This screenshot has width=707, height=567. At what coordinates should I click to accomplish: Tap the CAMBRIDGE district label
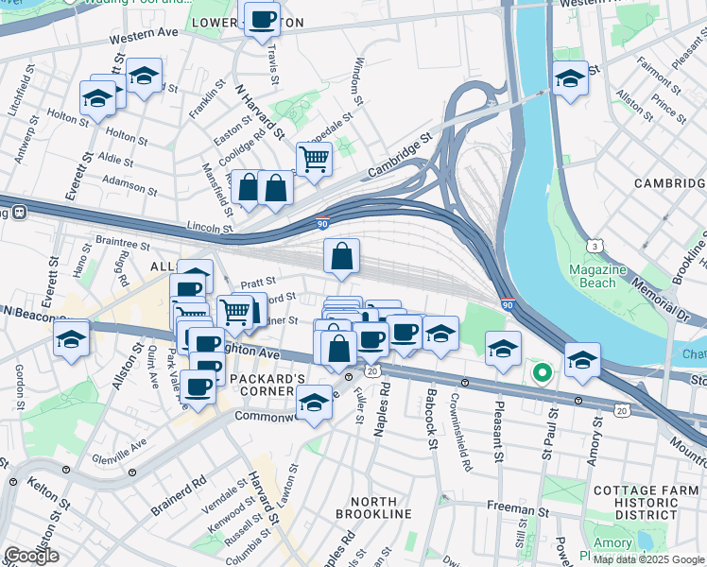[x=669, y=182]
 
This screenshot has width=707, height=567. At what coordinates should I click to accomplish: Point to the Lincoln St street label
[x=209, y=228]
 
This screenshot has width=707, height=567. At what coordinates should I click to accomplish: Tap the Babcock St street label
[x=432, y=411]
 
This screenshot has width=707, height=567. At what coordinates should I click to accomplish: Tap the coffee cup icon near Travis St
[x=262, y=19]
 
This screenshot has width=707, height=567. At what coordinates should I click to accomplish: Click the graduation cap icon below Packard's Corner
[x=314, y=404]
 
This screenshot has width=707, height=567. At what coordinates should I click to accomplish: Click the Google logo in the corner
[x=31, y=556]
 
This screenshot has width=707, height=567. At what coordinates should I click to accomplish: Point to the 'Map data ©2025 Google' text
[x=648, y=559]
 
